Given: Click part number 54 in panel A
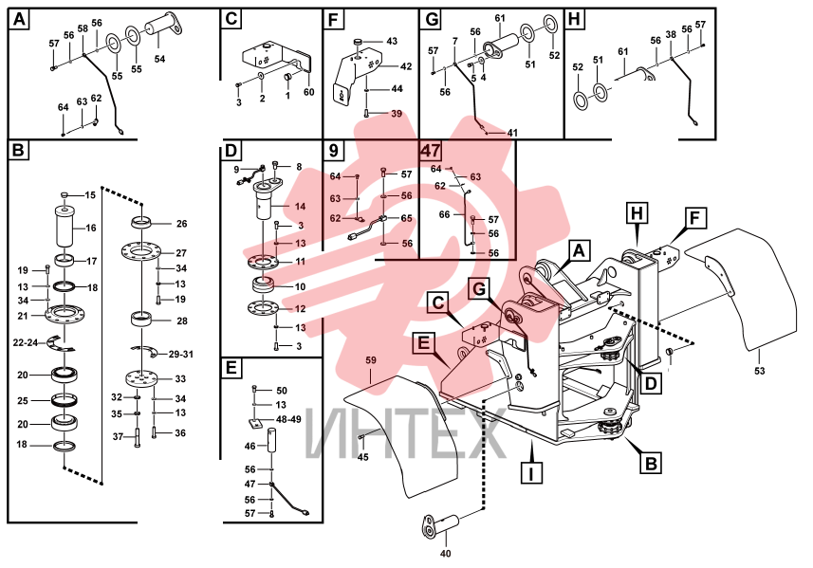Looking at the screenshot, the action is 159,59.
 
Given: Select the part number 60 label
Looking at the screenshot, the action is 308,92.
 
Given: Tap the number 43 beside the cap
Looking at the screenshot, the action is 392,41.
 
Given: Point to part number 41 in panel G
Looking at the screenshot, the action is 512,133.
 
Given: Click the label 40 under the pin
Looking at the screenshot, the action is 445,554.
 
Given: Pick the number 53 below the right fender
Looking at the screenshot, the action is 760,371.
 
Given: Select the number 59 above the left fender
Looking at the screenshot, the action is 371,360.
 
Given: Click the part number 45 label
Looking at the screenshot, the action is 363,457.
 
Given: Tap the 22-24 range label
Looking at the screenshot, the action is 26,342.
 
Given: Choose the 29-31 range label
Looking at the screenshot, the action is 181,355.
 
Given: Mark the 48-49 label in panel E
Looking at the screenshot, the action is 288,419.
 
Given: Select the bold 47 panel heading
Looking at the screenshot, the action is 431,150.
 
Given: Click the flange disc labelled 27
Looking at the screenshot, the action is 141,252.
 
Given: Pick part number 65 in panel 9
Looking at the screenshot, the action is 406,218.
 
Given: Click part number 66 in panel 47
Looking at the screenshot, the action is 444,214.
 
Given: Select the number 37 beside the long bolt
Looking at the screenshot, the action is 119,437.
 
